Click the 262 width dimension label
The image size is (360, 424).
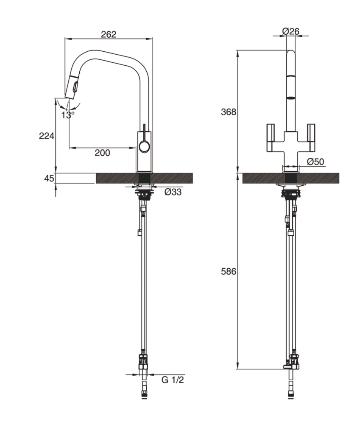coord(109,34)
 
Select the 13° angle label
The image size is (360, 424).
coord(67,114)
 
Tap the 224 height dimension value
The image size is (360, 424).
coord(46,136)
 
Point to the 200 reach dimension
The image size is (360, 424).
coord(102,153)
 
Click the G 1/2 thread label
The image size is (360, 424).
coord(173,379)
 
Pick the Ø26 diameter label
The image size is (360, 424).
coord(290,31)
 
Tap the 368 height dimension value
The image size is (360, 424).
coord(228,112)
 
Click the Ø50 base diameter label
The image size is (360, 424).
coord(315,162)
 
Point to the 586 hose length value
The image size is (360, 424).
coord(228,271)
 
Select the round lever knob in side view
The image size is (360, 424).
coord(144,148)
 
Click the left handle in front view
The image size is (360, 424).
coord(271,138)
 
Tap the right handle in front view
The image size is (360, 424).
coord(311,138)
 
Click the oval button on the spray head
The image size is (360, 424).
coord(76,87)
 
